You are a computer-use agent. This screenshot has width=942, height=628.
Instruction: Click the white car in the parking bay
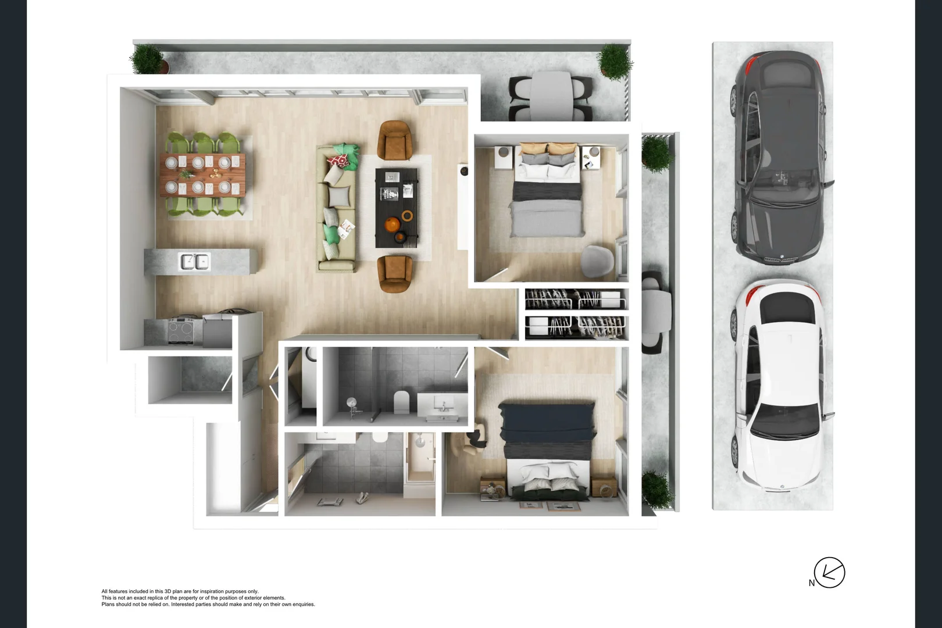[x=778, y=387]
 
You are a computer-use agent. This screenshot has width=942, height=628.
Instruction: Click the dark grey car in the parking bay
[x=778, y=157]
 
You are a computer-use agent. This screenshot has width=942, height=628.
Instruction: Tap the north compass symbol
[x=829, y=573]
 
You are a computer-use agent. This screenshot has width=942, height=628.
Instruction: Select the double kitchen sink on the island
[x=194, y=262]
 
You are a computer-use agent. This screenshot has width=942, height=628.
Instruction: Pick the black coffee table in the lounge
[x=397, y=208]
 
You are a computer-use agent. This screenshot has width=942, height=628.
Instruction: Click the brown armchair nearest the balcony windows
[x=395, y=140]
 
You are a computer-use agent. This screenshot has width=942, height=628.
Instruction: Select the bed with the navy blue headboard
[x=548, y=451]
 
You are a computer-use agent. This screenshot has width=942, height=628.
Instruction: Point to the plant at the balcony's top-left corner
[x=147, y=59]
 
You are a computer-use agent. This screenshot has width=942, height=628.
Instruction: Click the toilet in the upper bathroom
[x=402, y=402]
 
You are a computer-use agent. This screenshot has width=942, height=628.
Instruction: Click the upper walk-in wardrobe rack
[x=576, y=299]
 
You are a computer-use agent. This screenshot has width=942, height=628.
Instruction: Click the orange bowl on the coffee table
[x=392, y=224]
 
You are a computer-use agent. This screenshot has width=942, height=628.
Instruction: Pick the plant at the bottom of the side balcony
[x=657, y=490]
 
